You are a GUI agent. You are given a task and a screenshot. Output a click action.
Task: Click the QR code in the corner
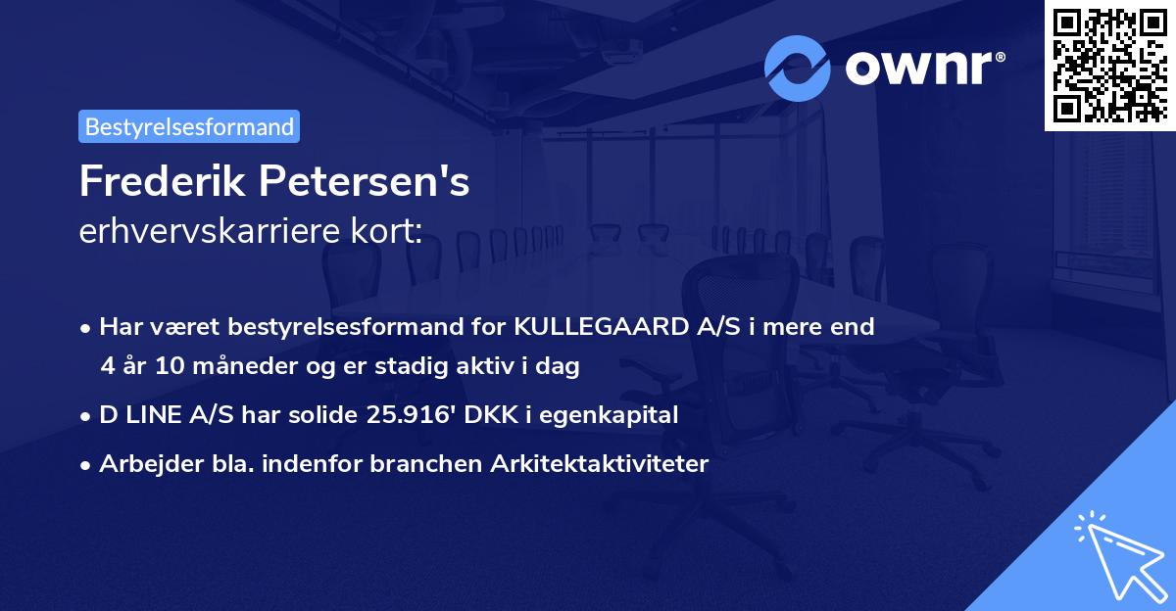click(x=1109, y=65)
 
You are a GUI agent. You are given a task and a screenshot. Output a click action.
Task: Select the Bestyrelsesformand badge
click(x=189, y=126)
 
